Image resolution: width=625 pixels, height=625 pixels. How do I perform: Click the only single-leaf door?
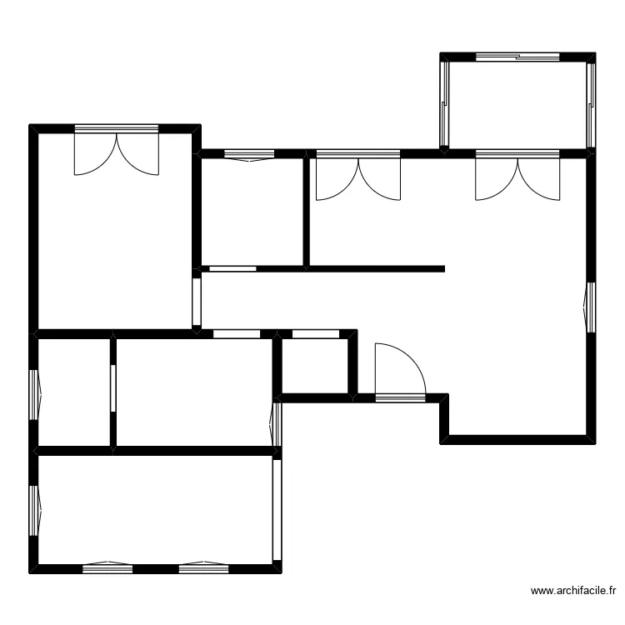pos(400,372)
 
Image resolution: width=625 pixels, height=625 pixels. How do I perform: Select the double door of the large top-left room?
pos(116,150)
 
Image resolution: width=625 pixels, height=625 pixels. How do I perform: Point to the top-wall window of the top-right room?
pos(518,57)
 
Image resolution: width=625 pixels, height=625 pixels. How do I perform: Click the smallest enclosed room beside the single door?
pos(315,365)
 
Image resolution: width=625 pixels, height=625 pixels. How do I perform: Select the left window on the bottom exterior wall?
pos(107,567)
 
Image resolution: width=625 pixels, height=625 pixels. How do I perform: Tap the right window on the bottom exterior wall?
pos(204,567)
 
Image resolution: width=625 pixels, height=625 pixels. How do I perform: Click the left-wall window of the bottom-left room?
pos(35,510)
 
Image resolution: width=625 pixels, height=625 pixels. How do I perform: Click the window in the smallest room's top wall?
pos(314,334)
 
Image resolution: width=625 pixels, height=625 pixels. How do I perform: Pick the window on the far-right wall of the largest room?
pos(591,307)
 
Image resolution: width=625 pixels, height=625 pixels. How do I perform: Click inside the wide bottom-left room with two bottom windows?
pos(157,510)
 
